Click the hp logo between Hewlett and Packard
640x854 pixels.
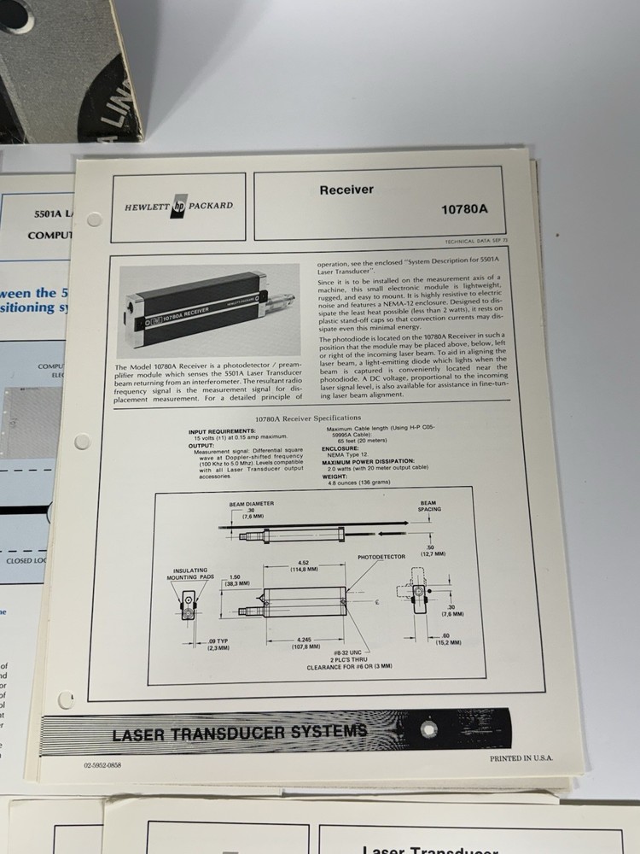pos(179,206)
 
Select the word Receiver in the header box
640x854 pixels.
pos(346,190)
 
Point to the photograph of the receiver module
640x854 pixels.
pos(207,309)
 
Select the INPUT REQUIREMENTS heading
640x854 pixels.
pos(222,430)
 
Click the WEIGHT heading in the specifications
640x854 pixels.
pos(335,477)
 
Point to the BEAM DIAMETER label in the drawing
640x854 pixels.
pos(251,504)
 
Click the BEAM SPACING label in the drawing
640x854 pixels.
pos(428,506)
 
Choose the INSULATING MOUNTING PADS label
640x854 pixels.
pos(192,574)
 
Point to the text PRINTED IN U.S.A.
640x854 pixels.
pos(521,757)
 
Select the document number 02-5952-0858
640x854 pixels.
pos(102,765)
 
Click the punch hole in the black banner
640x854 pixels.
pos(428,728)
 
